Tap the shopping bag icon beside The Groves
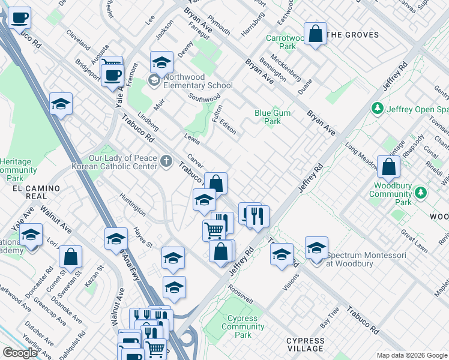click(x=315, y=35)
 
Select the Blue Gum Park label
click(x=268, y=117)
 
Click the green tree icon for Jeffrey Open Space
click(x=378, y=109)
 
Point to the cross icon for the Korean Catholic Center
click(x=166, y=160)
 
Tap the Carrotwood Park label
click(x=282, y=42)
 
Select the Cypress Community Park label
click(x=243, y=326)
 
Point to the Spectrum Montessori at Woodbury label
click(x=366, y=259)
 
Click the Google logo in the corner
click(x=20, y=353)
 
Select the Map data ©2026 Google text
click(x=412, y=355)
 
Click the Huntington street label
click(x=132, y=204)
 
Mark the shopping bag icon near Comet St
click(x=70, y=257)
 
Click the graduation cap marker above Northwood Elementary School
click(x=161, y=62)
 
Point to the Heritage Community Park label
click(x=20, y=170)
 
